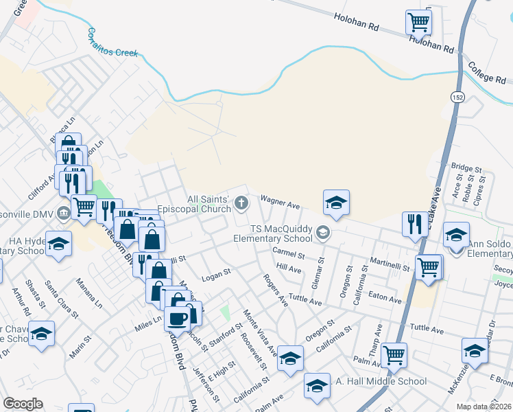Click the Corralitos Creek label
pyautogui.click(x=112, y=42)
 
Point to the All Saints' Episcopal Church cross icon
pyautogui.click(x=241, y=202)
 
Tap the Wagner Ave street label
pyautogui.click(x=280, y=202)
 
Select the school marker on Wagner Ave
pyautogui.click(x=336, y=203)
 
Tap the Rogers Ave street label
pyautogui.click(x=276, y=290)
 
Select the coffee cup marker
pyautogui.click(x=178, y=319)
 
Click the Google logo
pyautogui.click(x=23, y=404)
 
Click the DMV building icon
pyautogui.click(x=64, y=212)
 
